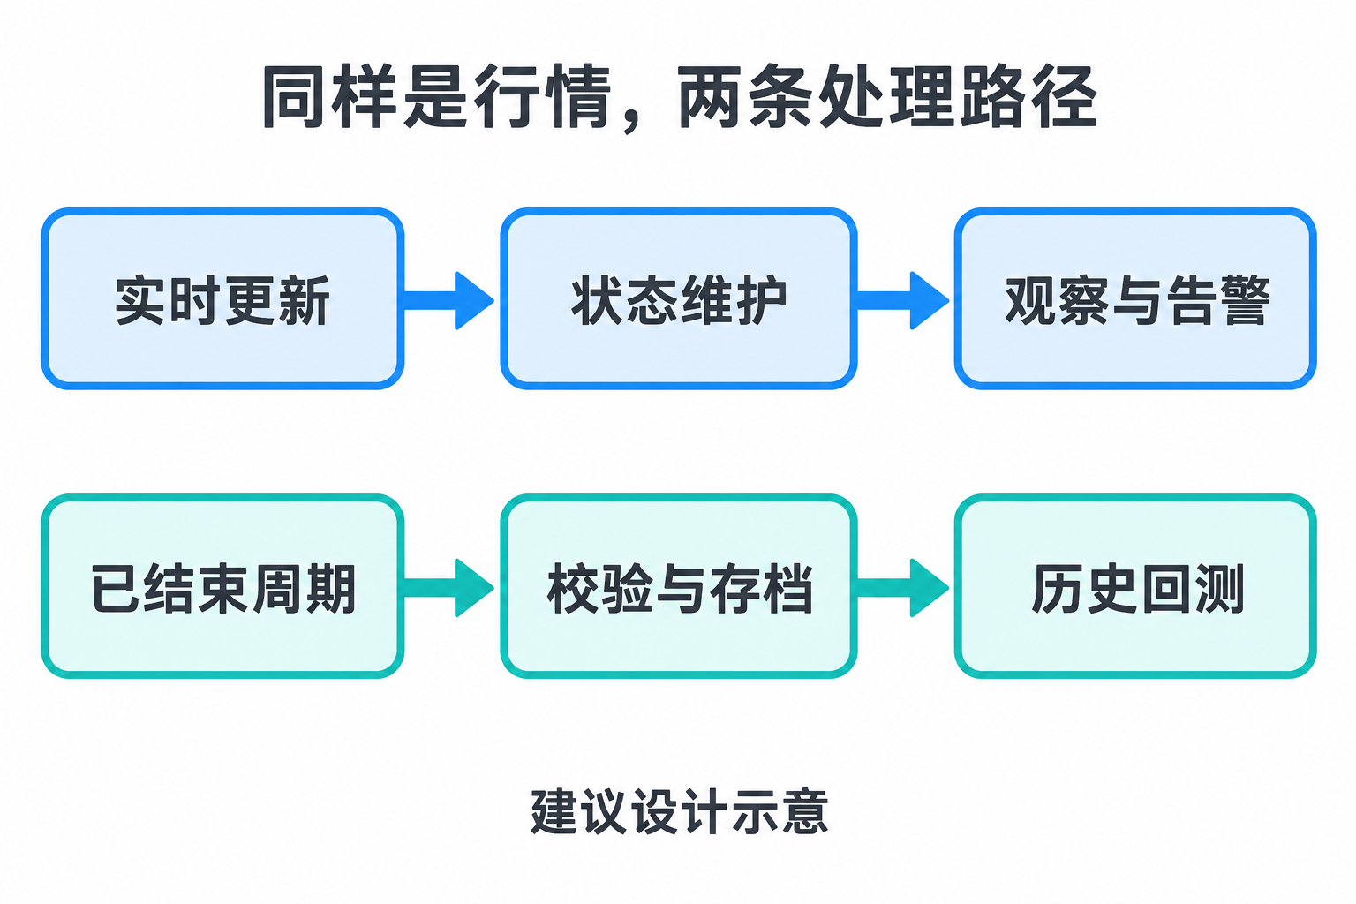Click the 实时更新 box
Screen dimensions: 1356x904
coord(222,298)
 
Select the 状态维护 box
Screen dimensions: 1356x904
coord(679,298)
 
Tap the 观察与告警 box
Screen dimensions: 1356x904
coord(1135,298)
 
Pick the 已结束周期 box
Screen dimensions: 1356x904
coord(222,586)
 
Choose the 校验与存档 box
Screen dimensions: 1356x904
coord(679,586)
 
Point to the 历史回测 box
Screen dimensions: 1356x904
coord(1135,586)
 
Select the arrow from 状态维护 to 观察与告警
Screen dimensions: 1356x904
coord(903,300)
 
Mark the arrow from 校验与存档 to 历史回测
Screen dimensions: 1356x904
coord(903,587)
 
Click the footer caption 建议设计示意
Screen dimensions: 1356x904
coord(679,811)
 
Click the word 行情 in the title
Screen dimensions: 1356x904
coord(541,97)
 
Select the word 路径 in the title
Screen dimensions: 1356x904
coord(1028,97)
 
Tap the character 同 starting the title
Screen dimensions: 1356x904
coord(295,97)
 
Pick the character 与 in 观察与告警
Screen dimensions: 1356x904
coord(1136,301)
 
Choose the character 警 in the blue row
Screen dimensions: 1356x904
coord(1243,300)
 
